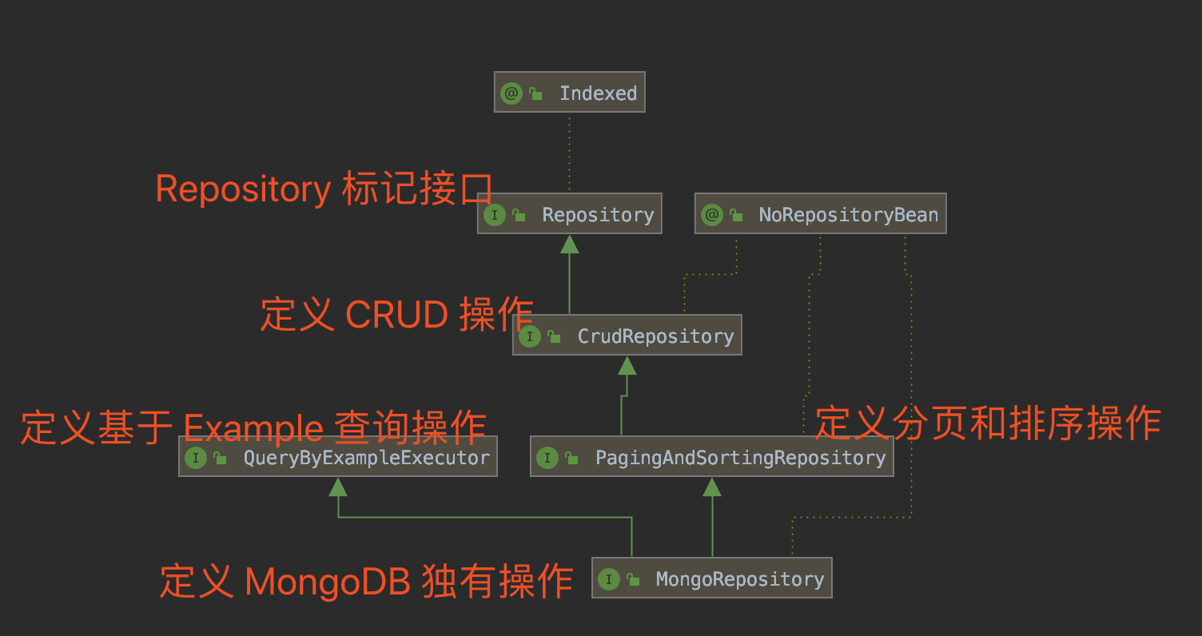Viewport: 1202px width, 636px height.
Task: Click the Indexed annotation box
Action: tap(569, 93)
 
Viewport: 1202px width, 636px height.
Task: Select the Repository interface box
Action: tap(569, 214)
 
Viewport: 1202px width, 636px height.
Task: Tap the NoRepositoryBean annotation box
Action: tap(820, 214)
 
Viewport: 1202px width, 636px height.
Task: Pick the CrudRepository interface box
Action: tap(627, 336)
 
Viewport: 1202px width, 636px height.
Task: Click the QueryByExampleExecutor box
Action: tap(337, 457)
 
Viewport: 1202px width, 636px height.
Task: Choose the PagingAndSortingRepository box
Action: tap(711, 457)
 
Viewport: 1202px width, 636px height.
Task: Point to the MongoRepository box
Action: tap(711, 578)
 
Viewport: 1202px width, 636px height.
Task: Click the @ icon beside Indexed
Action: tap(511, 93)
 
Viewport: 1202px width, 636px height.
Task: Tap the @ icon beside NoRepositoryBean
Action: tap(711, 214)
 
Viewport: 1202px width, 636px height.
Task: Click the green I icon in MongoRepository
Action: tap(608, 578)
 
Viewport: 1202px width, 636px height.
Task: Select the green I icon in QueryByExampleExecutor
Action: tap(195, 457)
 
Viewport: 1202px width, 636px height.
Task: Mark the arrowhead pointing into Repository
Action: tap(569, 244)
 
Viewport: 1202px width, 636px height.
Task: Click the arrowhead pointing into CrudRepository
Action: tap(627, 365)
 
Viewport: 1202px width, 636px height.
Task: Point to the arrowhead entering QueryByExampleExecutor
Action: tap(338, 487)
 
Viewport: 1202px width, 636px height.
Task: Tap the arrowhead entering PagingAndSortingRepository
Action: tap(711, 487)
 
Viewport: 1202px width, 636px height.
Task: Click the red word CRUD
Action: tap(396, 316)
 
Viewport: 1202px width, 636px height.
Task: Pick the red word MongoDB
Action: tap(328, 581)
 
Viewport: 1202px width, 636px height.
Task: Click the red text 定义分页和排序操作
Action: tap(987, 423)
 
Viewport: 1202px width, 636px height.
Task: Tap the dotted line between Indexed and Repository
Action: tap(569, 152)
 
